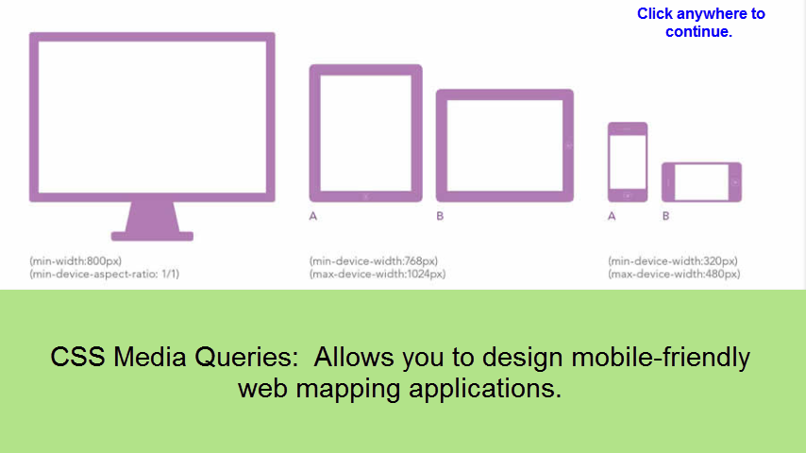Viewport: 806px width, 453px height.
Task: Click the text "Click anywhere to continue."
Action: point(700,23)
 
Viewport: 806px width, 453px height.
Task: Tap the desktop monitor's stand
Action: point(152,222)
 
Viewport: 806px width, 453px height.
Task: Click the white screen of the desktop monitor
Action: point(152,117)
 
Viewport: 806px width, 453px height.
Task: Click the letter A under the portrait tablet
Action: point(313,216)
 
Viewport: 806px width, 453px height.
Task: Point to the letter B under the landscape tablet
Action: point(440,216)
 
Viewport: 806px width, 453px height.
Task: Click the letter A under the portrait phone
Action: point(612,216)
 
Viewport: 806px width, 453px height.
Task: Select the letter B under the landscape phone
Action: point(666,216)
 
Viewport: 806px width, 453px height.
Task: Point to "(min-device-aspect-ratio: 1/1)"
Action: point(105,274)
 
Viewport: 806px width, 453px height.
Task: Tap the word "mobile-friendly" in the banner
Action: point(661,358)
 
